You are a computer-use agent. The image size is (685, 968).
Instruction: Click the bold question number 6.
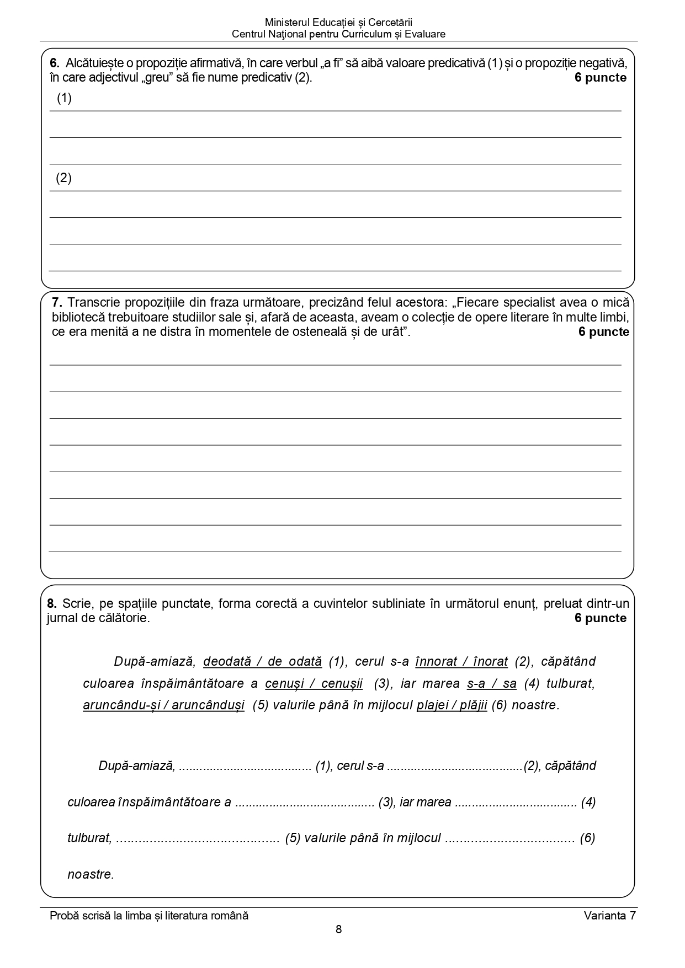54,63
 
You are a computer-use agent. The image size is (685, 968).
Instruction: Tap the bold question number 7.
57,302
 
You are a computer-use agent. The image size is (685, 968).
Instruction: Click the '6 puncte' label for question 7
603,332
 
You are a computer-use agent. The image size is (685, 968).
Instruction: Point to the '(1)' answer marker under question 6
64,98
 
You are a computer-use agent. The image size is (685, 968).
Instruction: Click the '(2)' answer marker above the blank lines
63,178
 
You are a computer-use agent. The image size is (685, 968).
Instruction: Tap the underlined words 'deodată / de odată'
262,661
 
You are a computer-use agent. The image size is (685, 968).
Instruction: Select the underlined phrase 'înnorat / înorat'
461,661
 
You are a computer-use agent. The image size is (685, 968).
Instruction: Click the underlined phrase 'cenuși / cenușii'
314,684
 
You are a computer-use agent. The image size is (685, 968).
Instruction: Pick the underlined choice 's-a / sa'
491,684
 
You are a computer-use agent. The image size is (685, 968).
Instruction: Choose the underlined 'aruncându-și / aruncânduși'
163,705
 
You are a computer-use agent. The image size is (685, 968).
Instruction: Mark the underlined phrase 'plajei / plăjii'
452,705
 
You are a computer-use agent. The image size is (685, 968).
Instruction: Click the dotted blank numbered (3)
305,803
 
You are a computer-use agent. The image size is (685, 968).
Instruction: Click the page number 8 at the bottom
338,929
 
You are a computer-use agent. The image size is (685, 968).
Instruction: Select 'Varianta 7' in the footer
609,916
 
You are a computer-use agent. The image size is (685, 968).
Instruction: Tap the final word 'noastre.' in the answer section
91,875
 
